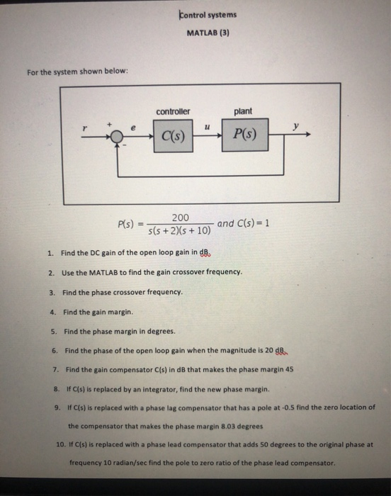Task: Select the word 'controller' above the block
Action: [173, 111]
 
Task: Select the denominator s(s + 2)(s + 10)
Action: [179, 231]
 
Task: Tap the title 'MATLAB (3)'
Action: [208, 33]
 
